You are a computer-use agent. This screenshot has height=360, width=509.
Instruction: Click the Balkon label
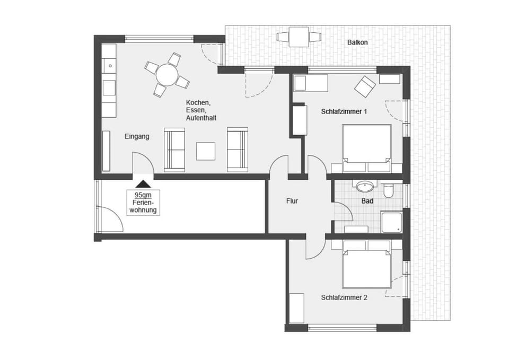click(x=357, y=42)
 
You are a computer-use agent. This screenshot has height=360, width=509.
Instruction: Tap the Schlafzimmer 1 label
click(x=344, y=111)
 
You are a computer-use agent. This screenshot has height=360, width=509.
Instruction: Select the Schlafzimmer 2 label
click(x=344, y=297)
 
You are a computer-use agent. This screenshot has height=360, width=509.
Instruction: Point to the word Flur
click(x=292, y=201)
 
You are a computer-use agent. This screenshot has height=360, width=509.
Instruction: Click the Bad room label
click(x=367, y=201)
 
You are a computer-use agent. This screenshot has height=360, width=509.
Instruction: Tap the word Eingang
click(x=137, y=137)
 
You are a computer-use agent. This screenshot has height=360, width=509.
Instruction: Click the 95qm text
click(x=143, y=195)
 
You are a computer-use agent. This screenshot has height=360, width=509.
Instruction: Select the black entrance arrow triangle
click(x=143, y=184)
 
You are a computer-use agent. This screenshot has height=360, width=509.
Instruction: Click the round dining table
click(x=167, y=75)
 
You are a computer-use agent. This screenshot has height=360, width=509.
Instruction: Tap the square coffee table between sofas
click(x=206, y=151)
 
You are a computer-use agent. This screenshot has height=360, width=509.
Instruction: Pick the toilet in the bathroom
click(x=388, y=190)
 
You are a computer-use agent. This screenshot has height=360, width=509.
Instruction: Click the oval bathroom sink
click(x=366, y=187)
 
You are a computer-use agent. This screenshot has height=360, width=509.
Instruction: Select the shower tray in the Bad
click(x=392, y=222)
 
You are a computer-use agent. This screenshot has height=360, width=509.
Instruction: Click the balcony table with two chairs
click(x=299, y=37)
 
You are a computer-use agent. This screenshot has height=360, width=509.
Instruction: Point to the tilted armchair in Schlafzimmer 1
click(x=365, y=86)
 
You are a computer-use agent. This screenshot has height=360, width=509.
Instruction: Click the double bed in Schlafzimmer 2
click(x=367, y=264)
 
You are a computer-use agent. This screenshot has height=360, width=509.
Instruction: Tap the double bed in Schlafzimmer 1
click(x=367, y=148)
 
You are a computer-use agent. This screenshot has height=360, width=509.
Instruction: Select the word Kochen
click(x=198, y=103)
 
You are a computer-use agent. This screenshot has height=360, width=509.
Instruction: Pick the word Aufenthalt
click(x=201, y=118)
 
